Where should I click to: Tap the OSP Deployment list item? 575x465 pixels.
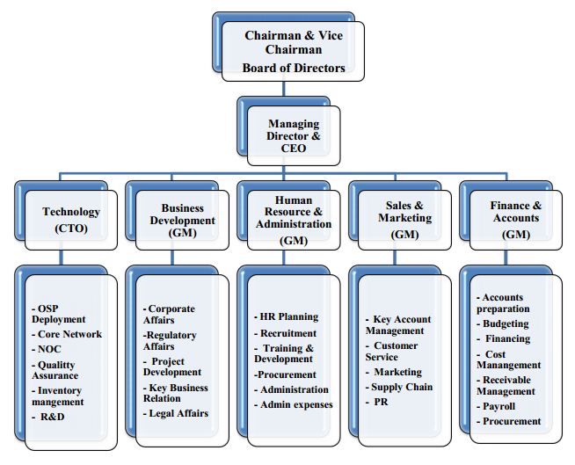61,314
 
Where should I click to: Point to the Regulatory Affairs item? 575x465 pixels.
171,340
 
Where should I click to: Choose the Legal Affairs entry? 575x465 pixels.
176,413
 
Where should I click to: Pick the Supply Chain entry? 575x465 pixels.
400,386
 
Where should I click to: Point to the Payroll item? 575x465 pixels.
499,407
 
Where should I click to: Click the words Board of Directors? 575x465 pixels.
295,68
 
